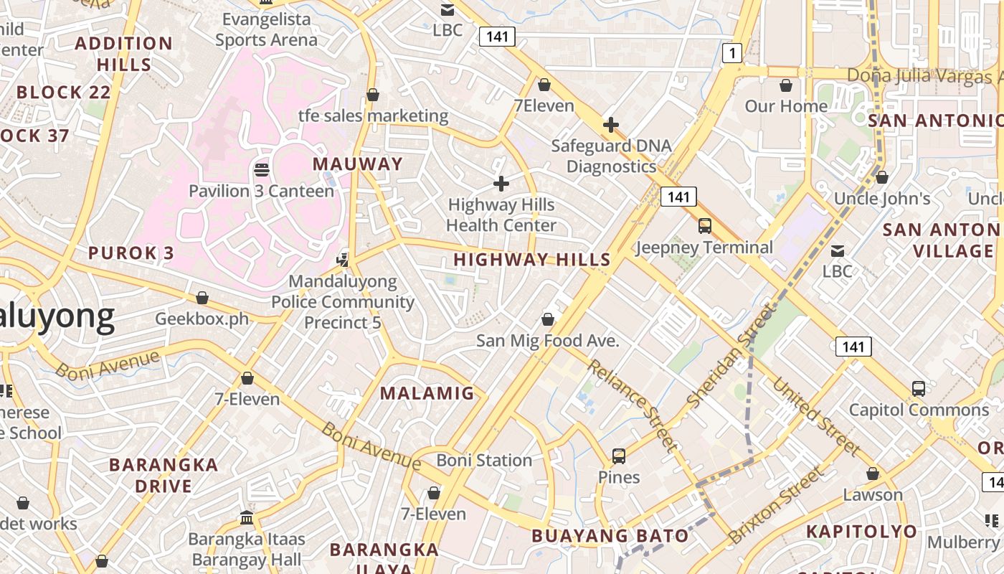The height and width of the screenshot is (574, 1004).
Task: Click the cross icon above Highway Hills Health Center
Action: click(501, 184)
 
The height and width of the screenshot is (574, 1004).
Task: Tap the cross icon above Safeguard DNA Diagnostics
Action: click(611, 125)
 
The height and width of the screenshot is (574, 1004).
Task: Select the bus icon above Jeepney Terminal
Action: click(705, 226)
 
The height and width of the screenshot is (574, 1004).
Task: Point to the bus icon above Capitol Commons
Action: click(919, 389)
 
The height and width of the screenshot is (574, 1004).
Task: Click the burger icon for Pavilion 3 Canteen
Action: click(262, 170)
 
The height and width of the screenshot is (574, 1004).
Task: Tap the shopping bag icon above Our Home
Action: click(786, 85)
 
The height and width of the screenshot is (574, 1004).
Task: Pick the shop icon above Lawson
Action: click(873, 474)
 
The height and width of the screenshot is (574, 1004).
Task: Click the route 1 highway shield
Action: click(731, 52)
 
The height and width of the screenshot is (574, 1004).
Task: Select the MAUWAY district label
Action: click(358, 164)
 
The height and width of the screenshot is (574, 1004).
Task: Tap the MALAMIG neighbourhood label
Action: click(427, 393)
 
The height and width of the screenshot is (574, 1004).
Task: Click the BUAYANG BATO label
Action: click(610, 536)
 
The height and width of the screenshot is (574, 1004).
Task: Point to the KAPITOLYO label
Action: click(861, 532)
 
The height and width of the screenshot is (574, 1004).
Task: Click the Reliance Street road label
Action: click(632, 406)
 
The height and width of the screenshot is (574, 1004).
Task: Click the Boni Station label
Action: click(484, 460)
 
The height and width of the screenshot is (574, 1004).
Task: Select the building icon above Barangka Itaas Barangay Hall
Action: click(247, 517)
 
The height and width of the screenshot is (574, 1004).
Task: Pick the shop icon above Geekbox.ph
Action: click(202, 298)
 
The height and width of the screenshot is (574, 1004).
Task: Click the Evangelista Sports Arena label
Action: click(266, 29)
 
